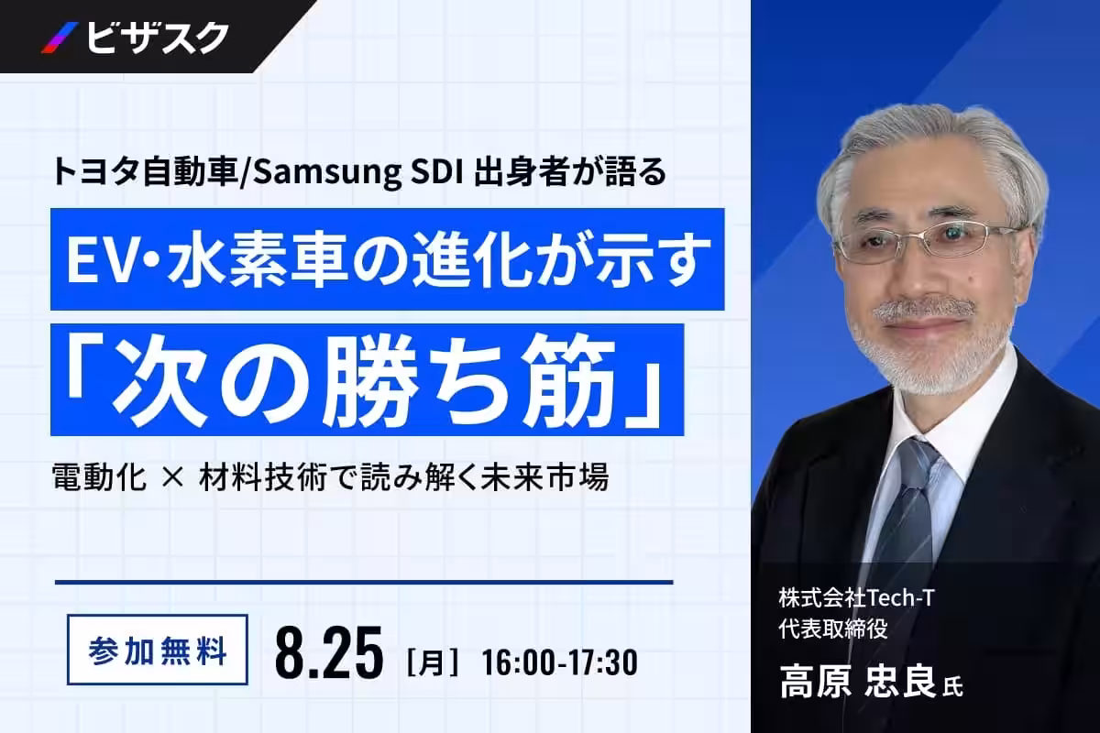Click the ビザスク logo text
point(158,38)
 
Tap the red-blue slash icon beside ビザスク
point(60,38)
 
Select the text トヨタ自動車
point(145,172)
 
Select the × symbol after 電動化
point(172,476)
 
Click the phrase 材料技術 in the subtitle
point(263,476)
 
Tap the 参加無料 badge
point(158,650)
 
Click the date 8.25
point(328,651)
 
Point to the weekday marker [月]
point(433,662)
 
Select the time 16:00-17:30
point(560,662)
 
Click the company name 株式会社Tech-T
point(856,598)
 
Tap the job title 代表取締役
point(833,629)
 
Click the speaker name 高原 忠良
point(857,681)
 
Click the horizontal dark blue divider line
point(364,582)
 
